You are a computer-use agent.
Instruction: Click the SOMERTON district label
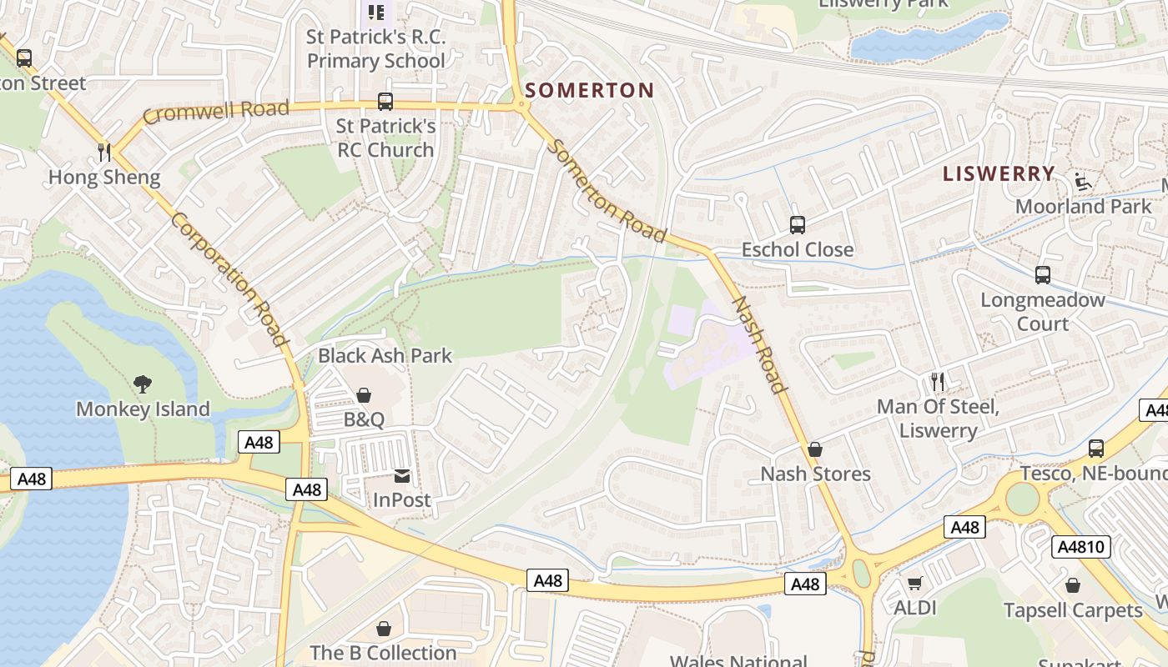pos(590,90)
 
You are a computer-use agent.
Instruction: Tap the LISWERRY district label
pos(999,173)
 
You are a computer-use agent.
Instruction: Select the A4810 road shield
pos(1081,547)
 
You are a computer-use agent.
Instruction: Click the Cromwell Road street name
pos(215,111)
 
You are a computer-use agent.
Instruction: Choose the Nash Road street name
pos(759,344)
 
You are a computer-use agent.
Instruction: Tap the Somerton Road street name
pos(607,191)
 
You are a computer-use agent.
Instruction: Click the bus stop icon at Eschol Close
pos(798,224)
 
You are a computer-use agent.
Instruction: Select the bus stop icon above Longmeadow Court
pos(1042,274)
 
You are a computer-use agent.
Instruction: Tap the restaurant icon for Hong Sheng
pos(104,152)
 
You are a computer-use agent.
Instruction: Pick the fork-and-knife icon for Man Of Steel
pos(939,382)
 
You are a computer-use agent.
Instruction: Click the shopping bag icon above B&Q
pos(364,394)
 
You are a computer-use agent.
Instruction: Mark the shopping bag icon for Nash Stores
pos(815,449)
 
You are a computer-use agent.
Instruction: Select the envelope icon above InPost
pos(402,475)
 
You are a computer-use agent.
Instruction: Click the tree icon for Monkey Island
pos(143,384)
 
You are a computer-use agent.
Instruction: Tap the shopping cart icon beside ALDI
pos(915,583)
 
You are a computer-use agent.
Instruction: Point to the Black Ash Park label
pos(385,355)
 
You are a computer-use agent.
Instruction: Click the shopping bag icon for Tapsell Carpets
pos(1073,585)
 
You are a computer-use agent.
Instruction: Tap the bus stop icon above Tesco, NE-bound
pos(1096,449)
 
